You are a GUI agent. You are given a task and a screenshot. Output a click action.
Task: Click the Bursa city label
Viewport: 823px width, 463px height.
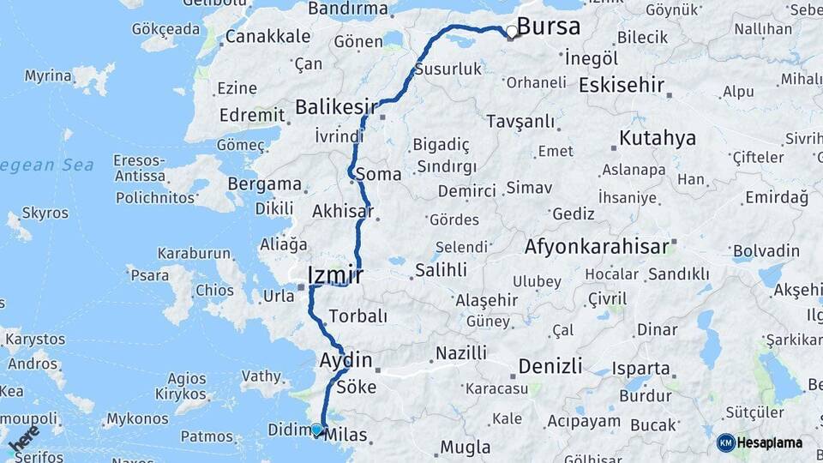[x=549, y=27]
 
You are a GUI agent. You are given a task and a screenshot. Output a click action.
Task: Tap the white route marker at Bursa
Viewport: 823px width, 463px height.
[x=512, y=32]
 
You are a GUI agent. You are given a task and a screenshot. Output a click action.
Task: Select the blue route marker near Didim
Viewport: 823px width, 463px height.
[x=316, y=430]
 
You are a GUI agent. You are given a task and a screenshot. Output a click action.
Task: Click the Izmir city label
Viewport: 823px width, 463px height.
[x=335, y=275]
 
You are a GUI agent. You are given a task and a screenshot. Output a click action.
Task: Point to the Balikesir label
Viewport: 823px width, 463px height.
[x=336, y=107]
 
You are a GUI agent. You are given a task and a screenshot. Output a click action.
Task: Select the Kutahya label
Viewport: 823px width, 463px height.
[x=658, y=138]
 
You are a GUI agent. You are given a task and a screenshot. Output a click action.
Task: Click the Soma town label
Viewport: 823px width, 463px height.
[x=377, y=174]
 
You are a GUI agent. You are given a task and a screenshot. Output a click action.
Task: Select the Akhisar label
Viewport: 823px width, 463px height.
[x=343, y=210]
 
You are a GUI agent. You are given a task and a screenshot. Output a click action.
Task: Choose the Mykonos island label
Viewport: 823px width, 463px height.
[x=137, y=419]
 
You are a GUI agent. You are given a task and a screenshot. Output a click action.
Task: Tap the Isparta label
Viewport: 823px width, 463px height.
[x=641, y=369]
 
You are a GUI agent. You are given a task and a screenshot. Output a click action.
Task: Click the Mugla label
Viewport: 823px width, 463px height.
[x=466, y=447]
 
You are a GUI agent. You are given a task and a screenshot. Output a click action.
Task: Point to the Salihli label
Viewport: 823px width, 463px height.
[x=441, y=270]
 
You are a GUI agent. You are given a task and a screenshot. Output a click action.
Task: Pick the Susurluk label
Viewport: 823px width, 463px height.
[x=448, y=69]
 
